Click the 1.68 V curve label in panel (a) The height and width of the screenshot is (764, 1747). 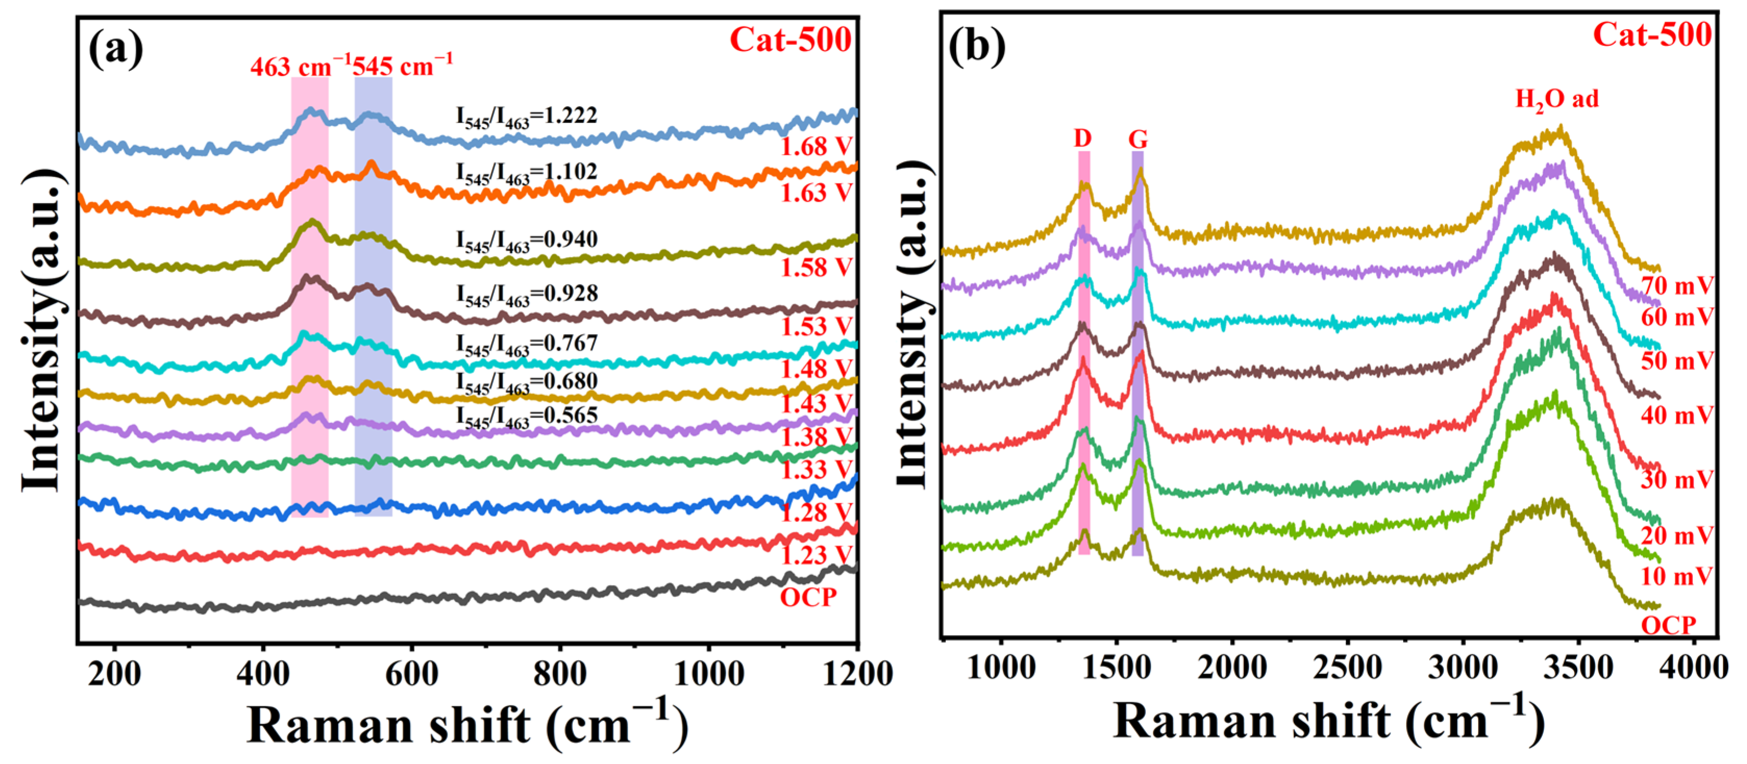815,146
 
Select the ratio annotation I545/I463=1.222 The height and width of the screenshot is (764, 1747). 526,117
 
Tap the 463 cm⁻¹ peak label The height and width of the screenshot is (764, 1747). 300,67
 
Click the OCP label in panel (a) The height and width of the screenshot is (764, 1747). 808,597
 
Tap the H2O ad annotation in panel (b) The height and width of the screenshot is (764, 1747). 1557,99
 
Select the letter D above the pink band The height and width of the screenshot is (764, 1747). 1082,138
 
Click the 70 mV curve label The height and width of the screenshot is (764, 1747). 1677,286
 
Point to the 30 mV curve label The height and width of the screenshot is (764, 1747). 1677,480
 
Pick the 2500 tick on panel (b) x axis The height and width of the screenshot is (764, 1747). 1347,668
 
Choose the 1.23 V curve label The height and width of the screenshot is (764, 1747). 815,555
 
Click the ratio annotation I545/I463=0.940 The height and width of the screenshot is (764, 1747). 526,240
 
